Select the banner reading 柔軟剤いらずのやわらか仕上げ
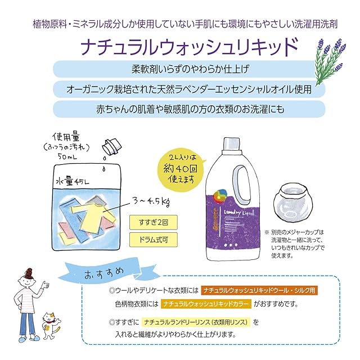185,70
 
